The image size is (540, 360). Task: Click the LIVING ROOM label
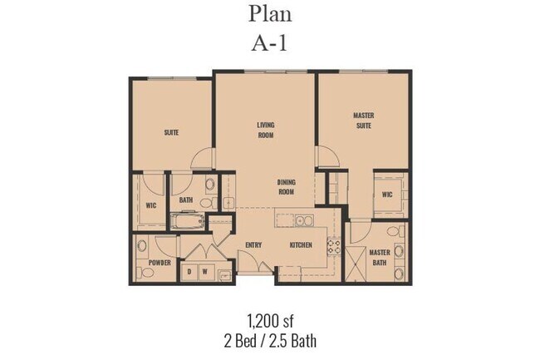tap(265, 130)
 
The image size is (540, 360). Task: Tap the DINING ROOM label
tap(286, 187)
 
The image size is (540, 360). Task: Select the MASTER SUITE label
tap(362, 121)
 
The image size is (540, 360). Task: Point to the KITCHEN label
tap(300, 245)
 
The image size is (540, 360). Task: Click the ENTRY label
tap(254, 245)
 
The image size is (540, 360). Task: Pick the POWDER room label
tap(160, 263)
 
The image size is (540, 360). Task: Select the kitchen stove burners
tap(335, 245)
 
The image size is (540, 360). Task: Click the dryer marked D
tap(189, 271)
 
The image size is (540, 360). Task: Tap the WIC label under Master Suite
tap(387, 195)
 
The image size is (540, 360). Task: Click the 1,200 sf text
tap(269, 320)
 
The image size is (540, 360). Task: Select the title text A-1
tap(270, 42)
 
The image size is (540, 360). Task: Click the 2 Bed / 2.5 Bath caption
tap(269, 340)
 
